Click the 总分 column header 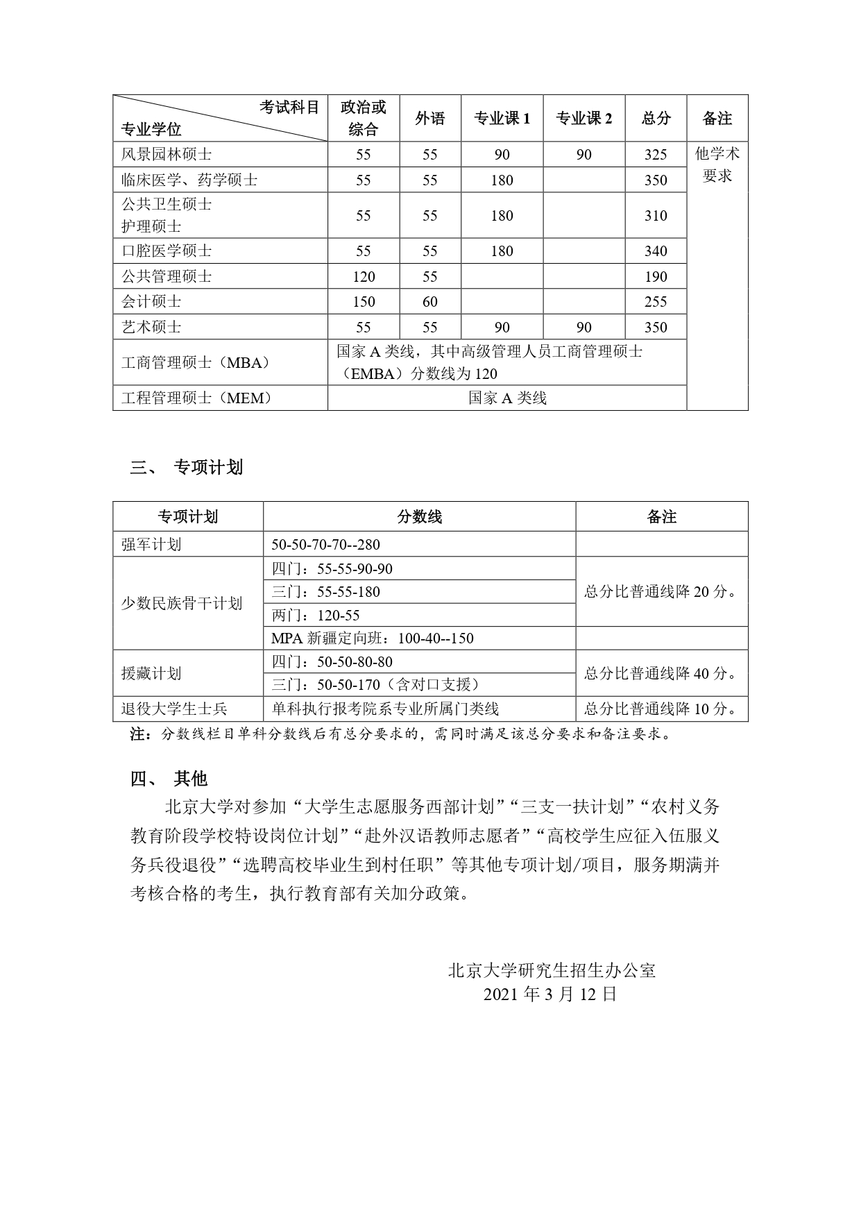point(656,119)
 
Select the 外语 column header point(429,119)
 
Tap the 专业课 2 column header point(583,119)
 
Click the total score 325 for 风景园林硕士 point(656,155)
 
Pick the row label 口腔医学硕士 point(167,251)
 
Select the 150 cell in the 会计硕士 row point(364,302)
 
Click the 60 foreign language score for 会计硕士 point(429,302)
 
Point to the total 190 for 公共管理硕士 point(656,276)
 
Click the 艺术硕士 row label point(151,327)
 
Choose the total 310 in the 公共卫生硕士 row point(656,216)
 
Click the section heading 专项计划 point(208,467)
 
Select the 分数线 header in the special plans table point(419,516)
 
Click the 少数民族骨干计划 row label point(182,603)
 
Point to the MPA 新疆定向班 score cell point(373,638)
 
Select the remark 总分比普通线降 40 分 point(660,673)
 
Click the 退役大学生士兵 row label point(174,709)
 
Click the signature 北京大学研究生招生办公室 point(552,970)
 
